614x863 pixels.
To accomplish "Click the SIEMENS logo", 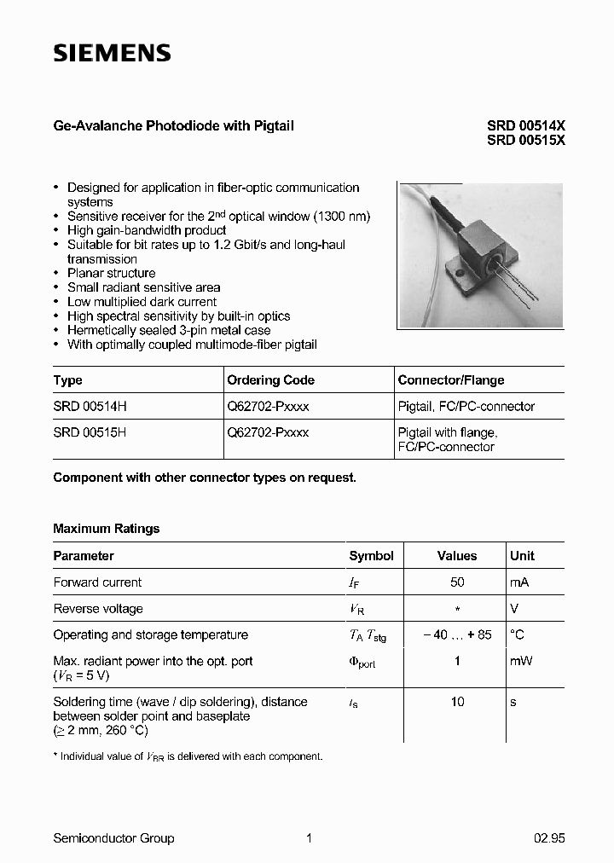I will (x=112, y=54).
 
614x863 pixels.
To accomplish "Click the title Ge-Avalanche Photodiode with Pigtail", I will (x=173, y=125).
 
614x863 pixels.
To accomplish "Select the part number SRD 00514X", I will (x=525, y=126).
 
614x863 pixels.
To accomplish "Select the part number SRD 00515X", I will (x=525, y=141).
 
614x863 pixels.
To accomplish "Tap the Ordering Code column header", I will (x=270, y=380).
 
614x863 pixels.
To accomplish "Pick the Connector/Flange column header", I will (x=451, y=380).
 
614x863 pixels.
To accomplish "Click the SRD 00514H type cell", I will (x=90, y=407).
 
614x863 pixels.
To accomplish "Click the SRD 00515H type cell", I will (x=90, y=432).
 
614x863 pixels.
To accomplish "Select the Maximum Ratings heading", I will (x=107, y=529).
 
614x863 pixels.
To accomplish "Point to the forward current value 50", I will (x=457, y=582).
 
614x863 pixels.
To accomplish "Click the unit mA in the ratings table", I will (x=520, y=582).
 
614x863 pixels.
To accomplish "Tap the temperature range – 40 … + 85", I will (x=457, y=635).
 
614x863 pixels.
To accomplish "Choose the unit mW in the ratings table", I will (x=521, y=661).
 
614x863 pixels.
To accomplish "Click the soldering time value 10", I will (x=457, y=702).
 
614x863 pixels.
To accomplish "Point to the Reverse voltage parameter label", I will (x=98, y=609).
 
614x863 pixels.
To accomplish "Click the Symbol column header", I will (x=371, y=556).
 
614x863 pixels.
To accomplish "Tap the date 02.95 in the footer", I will (x=549, y=838).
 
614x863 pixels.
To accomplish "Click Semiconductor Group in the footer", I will (x=113, y=838).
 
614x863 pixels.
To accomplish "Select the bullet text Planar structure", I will (x=111, y=273).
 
